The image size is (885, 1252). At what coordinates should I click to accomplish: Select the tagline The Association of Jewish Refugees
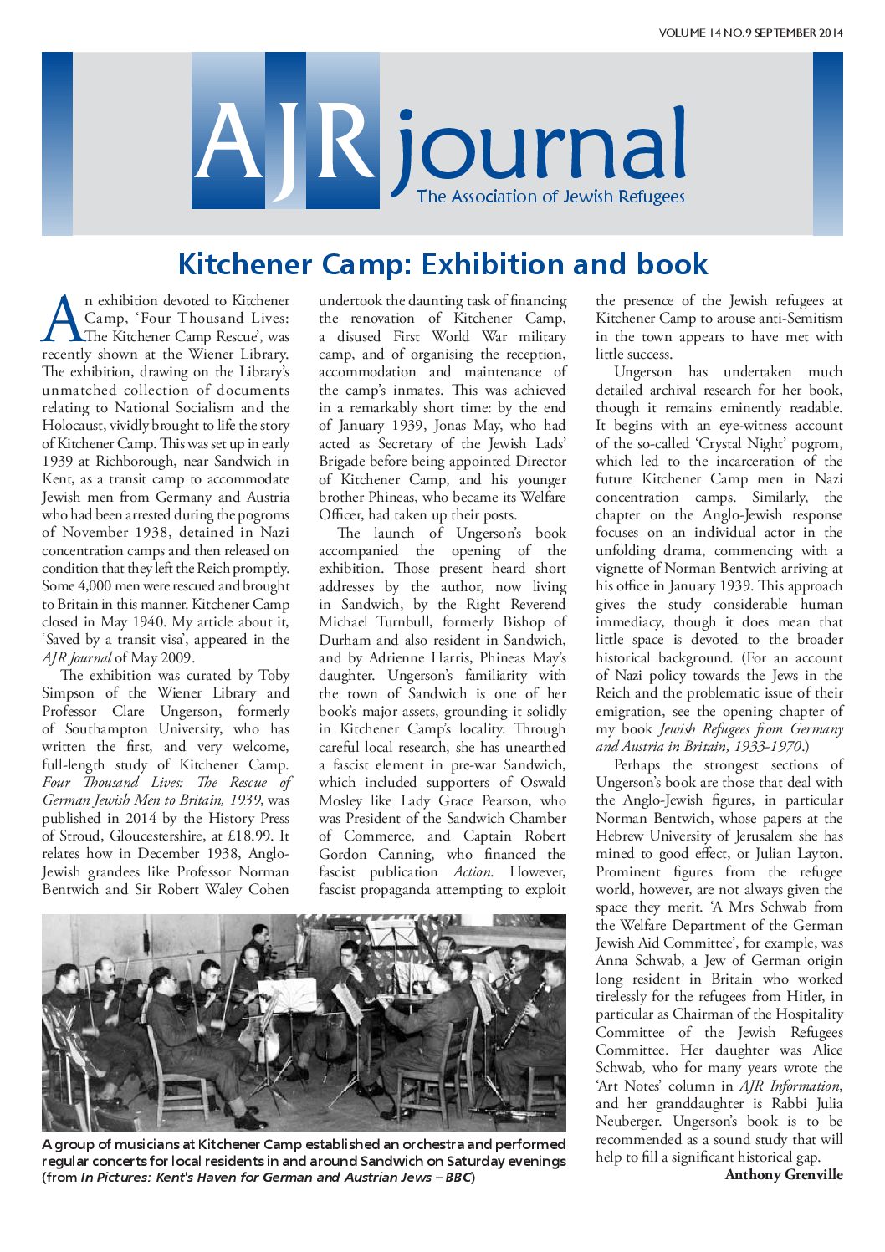tap(550, 197)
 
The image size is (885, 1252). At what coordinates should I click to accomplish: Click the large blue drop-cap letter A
tap(62, 319)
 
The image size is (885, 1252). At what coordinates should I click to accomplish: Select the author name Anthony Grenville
tap(784, 1175)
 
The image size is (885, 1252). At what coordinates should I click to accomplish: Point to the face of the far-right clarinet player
tap(553, 972)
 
